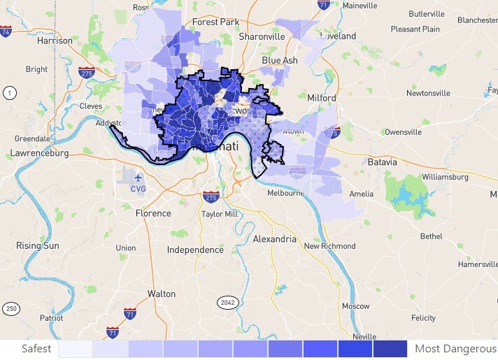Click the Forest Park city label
click(215, 22)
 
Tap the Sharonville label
click(262, 36)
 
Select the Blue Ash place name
click(279, 61)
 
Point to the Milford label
click(322, 98)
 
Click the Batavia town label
click(382, 162)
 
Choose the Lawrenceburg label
click(39, 152)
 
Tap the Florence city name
click(153, 213)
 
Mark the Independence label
click(195, 250)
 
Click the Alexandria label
click(273, 239)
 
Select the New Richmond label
click(329, 246)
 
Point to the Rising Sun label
click(38, 246)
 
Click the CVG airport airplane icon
click(138, 176)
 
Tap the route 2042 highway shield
click(228, 303)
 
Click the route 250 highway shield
click(10, 308)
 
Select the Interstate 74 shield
click(6, 31)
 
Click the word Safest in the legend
click(36, 348)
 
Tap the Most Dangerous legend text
click(455, 348)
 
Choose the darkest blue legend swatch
click(390, 348)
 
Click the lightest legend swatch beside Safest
click(76, 348)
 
